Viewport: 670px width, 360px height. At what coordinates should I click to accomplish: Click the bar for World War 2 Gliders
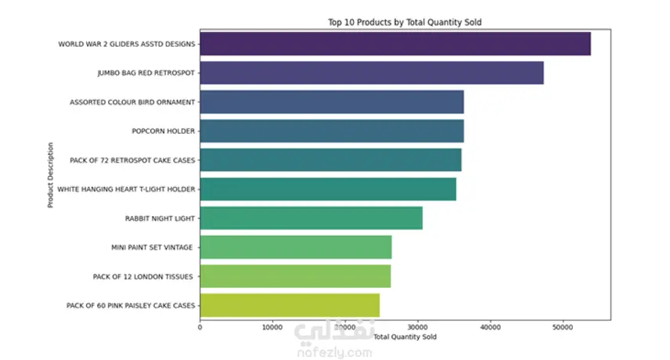(395, 44)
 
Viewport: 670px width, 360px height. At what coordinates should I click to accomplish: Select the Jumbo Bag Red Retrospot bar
(372, 73)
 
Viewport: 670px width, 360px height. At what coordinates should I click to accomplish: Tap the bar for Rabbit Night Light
(311, 218)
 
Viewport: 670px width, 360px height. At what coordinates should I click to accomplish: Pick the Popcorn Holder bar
(332, 131)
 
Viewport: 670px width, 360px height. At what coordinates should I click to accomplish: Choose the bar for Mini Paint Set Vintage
(296, 247)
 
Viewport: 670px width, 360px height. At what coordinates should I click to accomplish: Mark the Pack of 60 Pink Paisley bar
(290, 305)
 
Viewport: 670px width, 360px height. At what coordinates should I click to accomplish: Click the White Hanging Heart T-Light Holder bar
(328, 189)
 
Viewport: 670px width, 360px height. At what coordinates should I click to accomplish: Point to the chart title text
(405, 22)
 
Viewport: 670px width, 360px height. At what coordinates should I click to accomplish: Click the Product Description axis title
(50, 175)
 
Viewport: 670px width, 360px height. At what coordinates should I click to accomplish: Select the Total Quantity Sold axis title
(405, 337)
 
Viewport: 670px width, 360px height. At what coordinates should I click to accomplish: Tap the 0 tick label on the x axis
(200, 328)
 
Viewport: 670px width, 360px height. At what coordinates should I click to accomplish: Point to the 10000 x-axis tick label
(272, 328)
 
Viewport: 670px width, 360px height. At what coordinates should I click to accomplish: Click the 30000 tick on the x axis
(417, 328)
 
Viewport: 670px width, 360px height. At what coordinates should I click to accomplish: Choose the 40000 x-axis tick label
(490, 328)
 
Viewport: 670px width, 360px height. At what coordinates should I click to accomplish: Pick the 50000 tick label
(563, 328)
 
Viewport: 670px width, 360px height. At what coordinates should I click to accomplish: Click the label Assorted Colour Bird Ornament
(132, 102)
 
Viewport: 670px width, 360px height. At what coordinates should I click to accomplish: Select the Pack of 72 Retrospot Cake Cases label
(132, 160)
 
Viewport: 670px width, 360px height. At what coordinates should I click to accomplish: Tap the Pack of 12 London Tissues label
(142, 277)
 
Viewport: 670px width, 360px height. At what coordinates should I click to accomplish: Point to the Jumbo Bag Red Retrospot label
(146, 73)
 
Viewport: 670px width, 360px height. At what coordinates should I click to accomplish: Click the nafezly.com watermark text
(334, 353)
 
